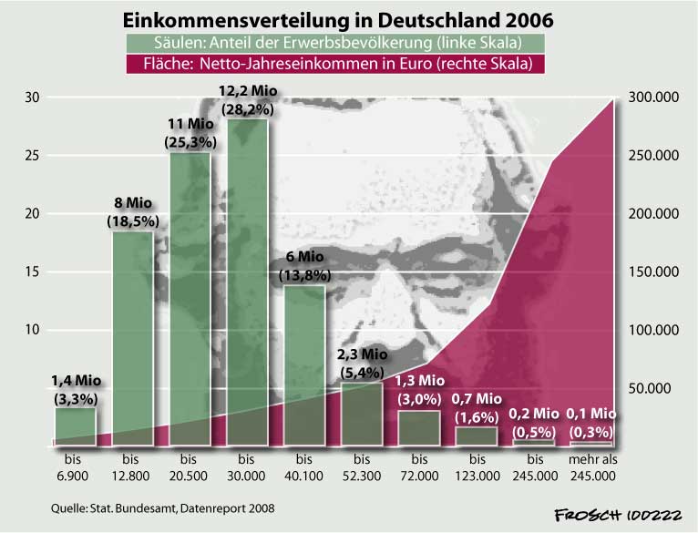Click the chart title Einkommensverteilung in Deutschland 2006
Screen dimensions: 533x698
[x=338, y=19]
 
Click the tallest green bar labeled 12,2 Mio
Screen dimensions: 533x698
[x=247, y=282]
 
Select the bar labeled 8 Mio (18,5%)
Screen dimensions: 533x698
[x=133, y=337]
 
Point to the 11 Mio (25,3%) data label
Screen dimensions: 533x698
[x=189, y=134]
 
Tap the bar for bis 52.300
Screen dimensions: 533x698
[x=362, y=415]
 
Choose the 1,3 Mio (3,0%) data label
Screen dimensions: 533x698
[x=419, y=389]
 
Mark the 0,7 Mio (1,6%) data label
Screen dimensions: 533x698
[x=477, y=406]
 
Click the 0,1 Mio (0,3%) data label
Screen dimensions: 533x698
[x=590, y=424]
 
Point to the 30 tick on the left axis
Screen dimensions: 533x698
[x=32, y=97]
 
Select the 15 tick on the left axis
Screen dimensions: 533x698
[x=32, y=272]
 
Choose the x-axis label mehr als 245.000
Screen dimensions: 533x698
[x=590, y=467]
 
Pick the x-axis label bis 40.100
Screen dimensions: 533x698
[x=304, y=467]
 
